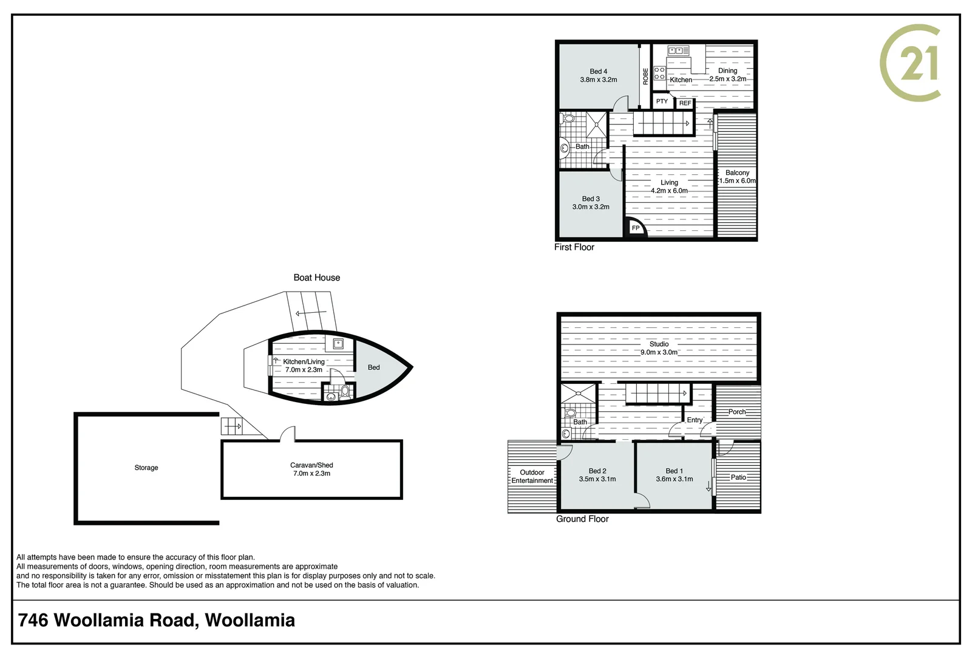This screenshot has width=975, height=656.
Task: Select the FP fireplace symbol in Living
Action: coord(636,228)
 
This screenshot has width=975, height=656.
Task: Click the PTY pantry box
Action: coord(662,101)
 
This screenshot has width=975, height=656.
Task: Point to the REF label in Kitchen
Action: coord(685,103)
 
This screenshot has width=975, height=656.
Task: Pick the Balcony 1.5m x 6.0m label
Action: coord(737,177)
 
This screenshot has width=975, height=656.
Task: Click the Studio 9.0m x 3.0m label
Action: coord(659,348)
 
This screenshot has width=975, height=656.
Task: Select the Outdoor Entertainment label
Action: coord(532,476)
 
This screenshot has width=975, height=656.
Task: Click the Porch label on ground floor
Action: coord(737,412)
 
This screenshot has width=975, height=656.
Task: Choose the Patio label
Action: coord(738,477)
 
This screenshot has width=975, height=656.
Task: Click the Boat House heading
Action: coord(316,278)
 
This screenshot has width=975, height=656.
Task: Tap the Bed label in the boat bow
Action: coord(373,367)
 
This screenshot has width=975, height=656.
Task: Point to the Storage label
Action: coord(146,468)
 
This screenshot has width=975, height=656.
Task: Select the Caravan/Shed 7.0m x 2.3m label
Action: coord(311,469)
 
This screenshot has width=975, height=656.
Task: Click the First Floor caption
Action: coord(574,247)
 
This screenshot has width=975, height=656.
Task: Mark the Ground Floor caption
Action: coord(582,519)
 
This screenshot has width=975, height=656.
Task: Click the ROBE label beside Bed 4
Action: coord(645,76)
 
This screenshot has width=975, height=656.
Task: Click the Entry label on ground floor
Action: coord(695,420)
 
